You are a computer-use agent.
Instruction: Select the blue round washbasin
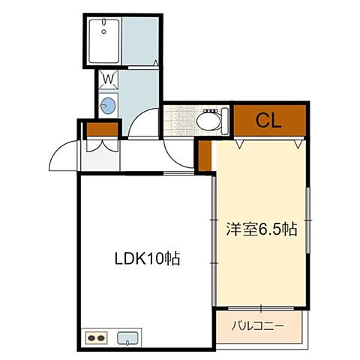(108, 106)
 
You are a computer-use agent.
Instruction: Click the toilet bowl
(207, 120)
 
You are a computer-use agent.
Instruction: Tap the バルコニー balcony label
(256, 326)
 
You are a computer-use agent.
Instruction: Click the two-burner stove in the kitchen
(96, 338)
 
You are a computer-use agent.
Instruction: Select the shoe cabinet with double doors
(100, 148)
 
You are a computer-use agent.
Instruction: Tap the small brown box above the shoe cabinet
(100, 130)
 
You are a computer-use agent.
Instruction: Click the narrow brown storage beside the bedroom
(205, 154)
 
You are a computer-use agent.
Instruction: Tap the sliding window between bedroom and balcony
(260, 308)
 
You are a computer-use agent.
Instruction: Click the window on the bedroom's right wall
(307, 217)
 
